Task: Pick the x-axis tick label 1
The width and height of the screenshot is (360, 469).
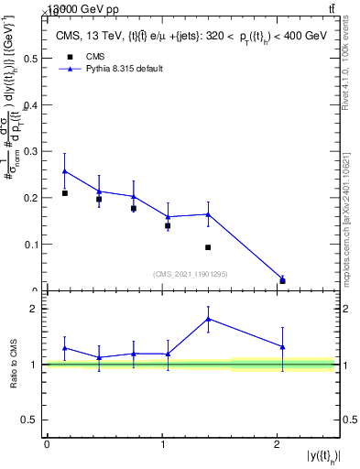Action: pos(162,444)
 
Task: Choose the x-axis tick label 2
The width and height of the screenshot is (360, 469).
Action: pos(277,444)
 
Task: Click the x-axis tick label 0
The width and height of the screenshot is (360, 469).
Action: pos(47,444)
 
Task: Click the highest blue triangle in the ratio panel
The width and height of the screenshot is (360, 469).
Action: pos(209,319)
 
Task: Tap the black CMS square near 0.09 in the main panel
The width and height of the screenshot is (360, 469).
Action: pos(209,247)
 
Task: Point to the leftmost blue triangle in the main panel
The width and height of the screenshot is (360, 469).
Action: pos(64,171)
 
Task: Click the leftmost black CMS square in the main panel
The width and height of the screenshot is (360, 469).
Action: pos(64,193)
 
